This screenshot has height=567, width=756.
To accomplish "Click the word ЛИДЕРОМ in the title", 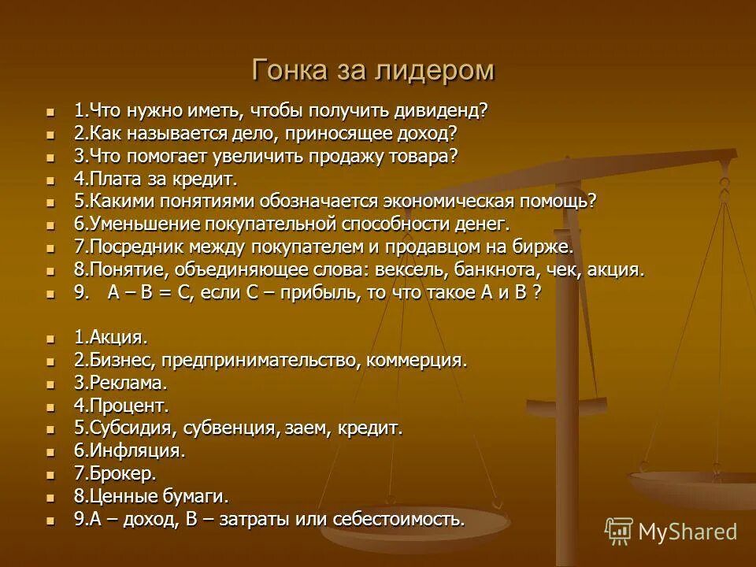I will (426, 70).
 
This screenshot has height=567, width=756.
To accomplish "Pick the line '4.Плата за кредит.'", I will (156, 179).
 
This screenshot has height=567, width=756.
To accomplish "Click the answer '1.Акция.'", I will (111, 338).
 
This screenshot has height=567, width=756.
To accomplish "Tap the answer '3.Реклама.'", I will (120, 384).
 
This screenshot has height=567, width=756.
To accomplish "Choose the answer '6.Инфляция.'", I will (130, 451).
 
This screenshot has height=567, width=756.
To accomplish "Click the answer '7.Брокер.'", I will (116, 474).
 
